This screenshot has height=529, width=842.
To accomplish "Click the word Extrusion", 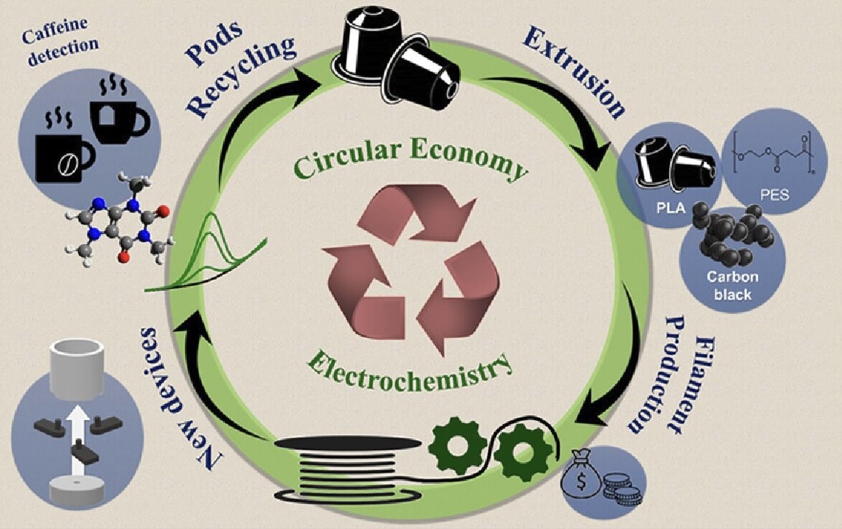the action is point(574,72).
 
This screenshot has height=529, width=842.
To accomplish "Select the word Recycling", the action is point(240,75).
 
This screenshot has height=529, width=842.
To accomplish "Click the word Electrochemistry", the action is point(409,372).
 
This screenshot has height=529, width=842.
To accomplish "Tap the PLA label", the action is point(671,207).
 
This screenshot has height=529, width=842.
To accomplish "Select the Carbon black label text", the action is point(732,285).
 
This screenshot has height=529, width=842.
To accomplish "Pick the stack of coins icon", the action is point(622,488).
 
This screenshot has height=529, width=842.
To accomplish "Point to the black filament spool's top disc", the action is point(349,443).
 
